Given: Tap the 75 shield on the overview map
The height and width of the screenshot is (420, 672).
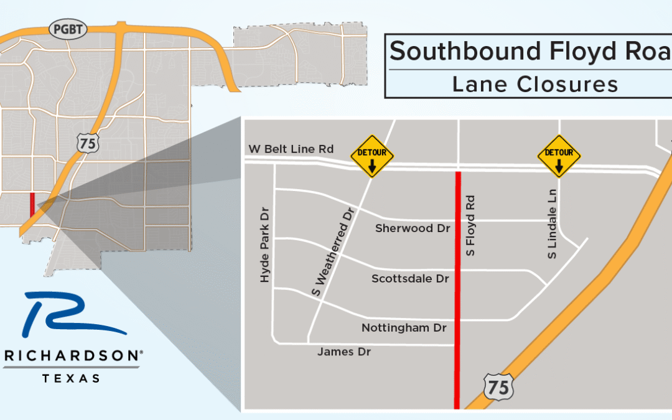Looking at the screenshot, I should [86, 142].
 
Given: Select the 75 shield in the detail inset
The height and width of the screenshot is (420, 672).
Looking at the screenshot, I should [499, 386].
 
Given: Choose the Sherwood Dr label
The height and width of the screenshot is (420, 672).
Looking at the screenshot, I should [413, 228].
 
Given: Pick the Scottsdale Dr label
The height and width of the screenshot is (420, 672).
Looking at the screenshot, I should [410, 279].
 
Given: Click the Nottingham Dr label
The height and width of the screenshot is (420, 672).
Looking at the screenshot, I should [405, 327].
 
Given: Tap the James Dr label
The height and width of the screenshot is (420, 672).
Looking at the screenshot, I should [344, 352].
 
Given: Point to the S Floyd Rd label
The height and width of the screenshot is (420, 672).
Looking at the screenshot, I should [471, 226].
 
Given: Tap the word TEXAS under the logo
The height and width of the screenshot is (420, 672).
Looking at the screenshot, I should [71, 378].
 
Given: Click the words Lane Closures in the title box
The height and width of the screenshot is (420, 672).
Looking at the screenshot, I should [535, 84].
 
